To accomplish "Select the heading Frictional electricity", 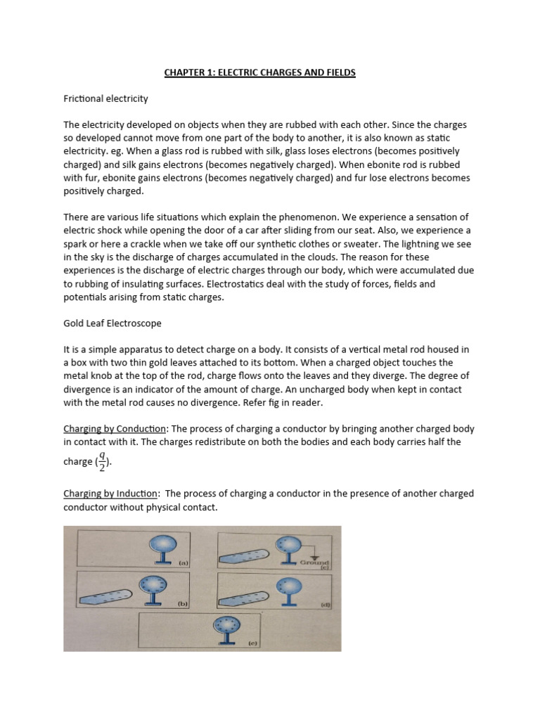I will (105, 98).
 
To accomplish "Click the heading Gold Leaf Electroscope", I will (110, 324).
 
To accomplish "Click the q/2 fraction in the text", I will (102, 461).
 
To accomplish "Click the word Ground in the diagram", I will (314, 562).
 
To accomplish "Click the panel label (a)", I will (183, 563).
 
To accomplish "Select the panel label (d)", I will (326, 604).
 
